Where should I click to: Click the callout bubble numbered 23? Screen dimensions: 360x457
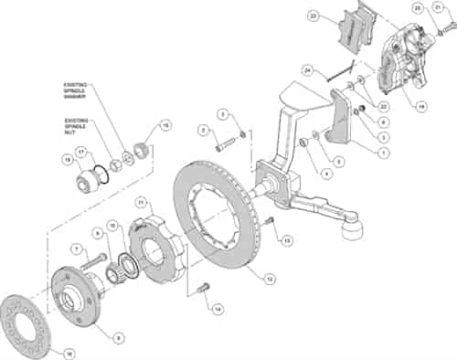click(x=314, y=16)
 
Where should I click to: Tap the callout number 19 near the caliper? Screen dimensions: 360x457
click(x=421, y=106)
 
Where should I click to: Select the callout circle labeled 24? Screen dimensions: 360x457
click(x=309, y=69)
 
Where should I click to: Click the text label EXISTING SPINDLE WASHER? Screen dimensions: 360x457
click(x=79, y=89)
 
